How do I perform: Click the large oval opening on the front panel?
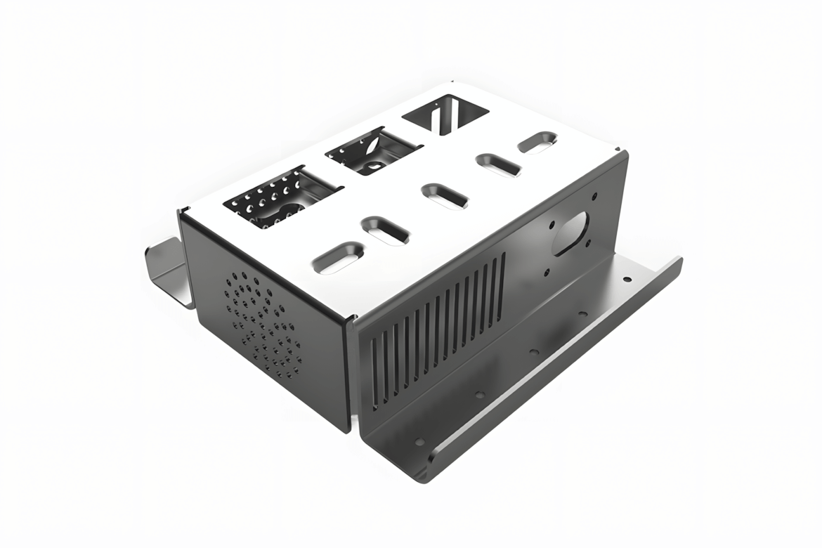click(571, 233)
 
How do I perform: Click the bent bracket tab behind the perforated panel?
click(169, 271)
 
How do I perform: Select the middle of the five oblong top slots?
click(444, 195)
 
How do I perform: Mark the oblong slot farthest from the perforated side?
click(538, 143)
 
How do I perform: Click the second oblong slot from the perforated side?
click(385, 230)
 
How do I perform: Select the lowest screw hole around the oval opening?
click(545, 273)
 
